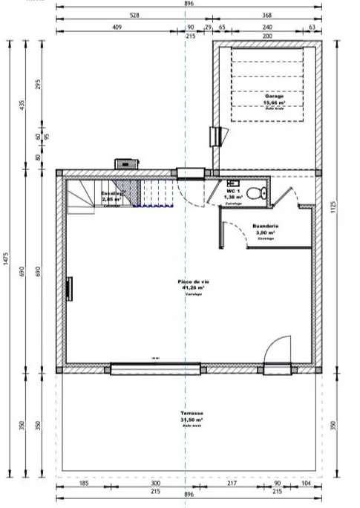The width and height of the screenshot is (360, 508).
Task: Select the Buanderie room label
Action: [264, 227]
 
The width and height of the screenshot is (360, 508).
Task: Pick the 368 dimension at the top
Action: [266, 14]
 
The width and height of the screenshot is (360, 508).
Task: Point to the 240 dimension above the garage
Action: [266, 27]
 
